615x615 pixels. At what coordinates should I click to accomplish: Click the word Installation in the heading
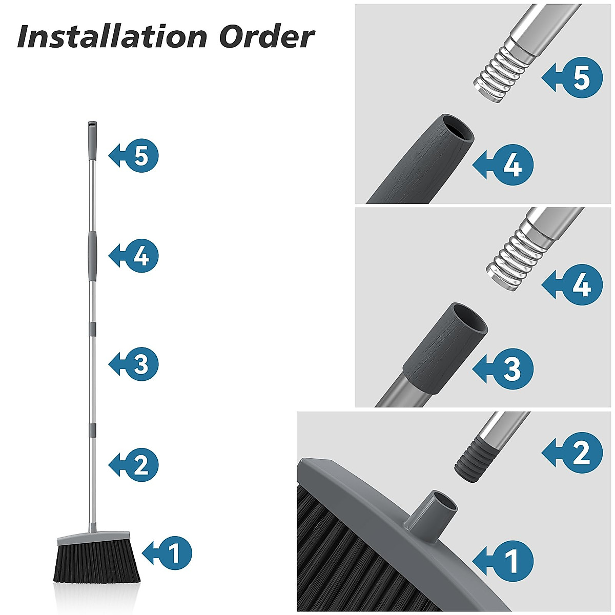click(112, 37)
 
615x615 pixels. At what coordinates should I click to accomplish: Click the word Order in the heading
click(266, 37)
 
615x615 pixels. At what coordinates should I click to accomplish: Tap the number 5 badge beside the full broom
click(141, 155)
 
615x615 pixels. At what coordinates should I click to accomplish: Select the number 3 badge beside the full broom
click(141, 364)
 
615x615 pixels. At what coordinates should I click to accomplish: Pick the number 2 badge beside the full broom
click(141, 464)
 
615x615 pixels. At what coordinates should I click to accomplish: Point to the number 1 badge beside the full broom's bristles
click(174, 553)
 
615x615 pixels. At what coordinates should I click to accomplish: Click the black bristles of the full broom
click(97, 564)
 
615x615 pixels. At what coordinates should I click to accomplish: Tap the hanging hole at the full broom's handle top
click(91, 125)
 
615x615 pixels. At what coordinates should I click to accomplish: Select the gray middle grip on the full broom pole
click(92, 256)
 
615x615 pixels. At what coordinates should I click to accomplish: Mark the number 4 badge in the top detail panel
click(512, 166)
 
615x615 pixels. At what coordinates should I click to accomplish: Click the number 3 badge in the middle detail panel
click(512, 368)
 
